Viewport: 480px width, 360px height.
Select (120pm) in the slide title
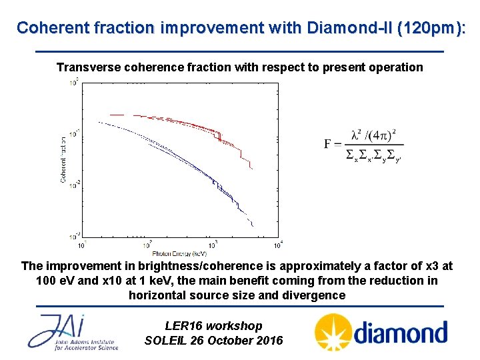tap(430, 27)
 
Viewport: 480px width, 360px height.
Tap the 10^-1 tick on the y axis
tap(75, 132)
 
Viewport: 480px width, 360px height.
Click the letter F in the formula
tap(328, 143)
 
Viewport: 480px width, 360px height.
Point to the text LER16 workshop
tap(213, 326)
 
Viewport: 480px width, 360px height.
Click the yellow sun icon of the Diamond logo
tap(331, 333)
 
